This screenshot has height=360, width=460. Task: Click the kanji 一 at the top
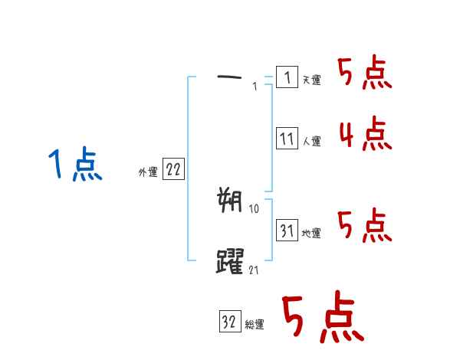[x=230, y=77]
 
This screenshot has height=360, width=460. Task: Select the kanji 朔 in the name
[x=230, y=201]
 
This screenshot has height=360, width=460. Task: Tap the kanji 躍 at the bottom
[x=231, y=261]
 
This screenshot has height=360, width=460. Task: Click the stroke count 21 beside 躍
[x=255, y=269]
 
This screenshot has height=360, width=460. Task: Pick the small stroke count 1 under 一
[x=255, y=87]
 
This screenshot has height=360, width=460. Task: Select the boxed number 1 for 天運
[x=287, y=77]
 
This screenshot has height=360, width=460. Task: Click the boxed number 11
[x=287, y=139]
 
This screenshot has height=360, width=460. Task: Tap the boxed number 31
[x=287, y=231]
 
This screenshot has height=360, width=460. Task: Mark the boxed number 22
[x=173, y=170]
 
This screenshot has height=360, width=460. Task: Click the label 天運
[x=311, y=80]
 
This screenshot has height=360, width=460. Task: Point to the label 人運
[x=311, y=142]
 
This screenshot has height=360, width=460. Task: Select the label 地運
[x=311, y=233]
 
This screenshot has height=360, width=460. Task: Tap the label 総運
[x=255, y=325]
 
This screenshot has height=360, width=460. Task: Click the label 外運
[x=147, y=172]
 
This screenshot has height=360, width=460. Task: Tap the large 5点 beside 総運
[x=322, y=318]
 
